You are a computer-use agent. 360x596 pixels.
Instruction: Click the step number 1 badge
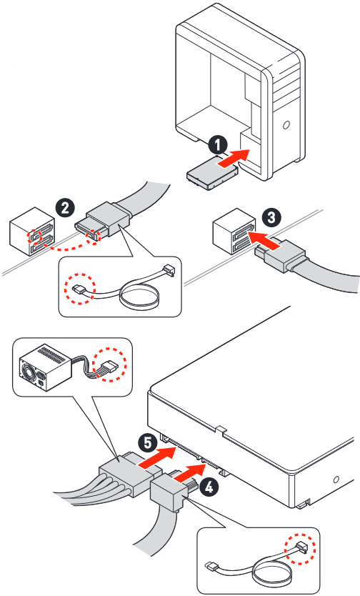tap(218, 145)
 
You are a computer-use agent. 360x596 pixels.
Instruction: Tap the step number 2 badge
tap(65, 208)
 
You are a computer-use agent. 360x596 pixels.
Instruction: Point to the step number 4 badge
tap(209, 487)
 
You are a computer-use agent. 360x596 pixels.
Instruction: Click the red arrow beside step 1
tap(233, 157)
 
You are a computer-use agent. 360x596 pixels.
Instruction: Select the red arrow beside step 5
tap(157, 457)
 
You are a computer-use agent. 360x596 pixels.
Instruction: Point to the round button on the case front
tap(286, 124)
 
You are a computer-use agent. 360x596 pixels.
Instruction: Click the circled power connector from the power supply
tap(109, 367)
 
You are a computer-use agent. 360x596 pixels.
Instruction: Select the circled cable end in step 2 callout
tap(79, 289)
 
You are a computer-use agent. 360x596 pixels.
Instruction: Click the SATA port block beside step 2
tap(32, 232)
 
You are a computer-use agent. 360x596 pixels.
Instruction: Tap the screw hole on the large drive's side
tap(336, 480)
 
